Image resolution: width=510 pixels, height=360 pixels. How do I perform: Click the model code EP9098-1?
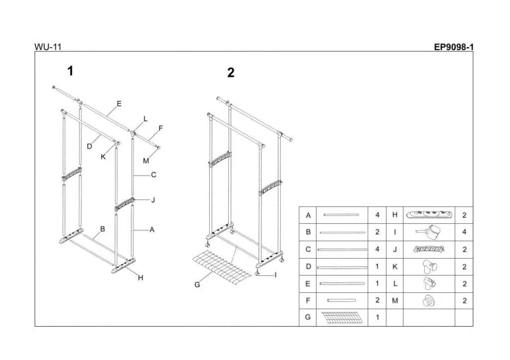454,47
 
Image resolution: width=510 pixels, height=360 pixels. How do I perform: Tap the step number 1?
70,71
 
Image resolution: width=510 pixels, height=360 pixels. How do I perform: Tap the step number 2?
231,73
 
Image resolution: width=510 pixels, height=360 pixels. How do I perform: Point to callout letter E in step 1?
119,103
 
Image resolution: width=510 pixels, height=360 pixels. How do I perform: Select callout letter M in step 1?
146,161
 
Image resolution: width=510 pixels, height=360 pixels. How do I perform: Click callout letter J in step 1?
153,200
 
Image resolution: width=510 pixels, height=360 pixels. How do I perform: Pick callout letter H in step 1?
140,278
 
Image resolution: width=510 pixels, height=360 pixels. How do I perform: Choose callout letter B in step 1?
103,229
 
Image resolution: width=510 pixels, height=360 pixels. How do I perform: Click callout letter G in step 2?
197,285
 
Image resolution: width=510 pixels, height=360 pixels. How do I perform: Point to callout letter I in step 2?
275,275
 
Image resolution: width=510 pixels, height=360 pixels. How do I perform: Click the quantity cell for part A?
377,216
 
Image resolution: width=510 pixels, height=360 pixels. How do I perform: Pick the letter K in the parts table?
395,266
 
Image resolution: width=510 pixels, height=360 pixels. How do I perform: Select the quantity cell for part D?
377,266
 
